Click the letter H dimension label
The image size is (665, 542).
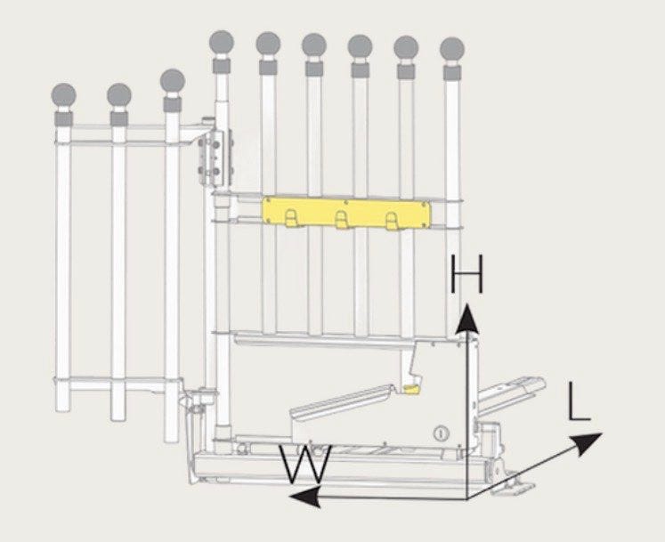[466, 274]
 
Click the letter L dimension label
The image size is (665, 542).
[579, 401]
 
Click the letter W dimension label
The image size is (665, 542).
[305, 464]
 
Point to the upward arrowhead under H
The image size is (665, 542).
[467, 318]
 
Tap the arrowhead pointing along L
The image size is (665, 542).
[588, 443]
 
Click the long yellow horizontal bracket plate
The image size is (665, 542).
[346, 213]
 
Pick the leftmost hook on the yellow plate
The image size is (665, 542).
[291, 218]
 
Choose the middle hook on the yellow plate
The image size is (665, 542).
[342, 220]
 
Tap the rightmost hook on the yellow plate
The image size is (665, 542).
[392, 221]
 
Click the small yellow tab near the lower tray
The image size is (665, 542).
[410, 389]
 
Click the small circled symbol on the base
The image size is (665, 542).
[441, 433]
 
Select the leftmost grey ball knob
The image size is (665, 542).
[63, 96]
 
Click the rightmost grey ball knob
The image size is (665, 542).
[452, 50]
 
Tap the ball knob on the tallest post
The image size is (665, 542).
[222, 43]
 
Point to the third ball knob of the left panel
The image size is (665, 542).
[173, 81]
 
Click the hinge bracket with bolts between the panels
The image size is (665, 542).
[215, 158]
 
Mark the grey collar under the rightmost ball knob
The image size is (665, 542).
[452, 72]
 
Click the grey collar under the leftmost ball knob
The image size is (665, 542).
[63, 118]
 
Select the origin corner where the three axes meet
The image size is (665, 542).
[467, 499]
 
